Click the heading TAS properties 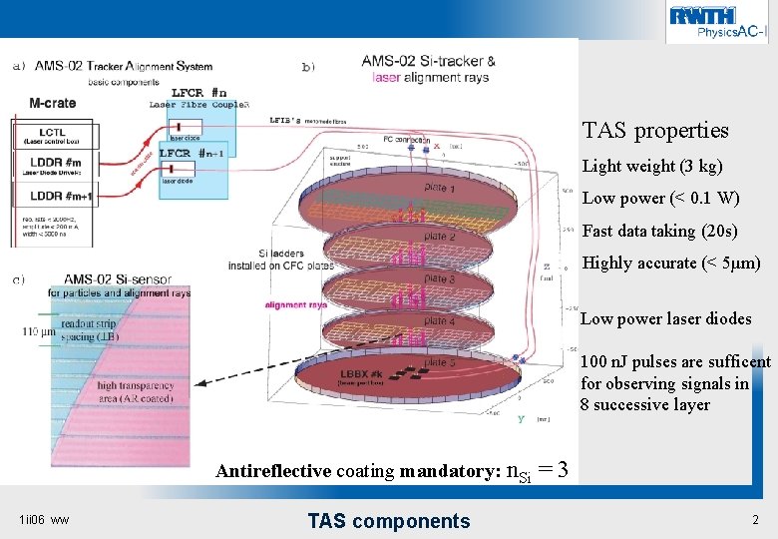(655, 131)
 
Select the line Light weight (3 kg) (652, 166)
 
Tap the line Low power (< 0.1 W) (660, 199)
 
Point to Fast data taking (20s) (659, 231)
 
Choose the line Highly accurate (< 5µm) (670, 264)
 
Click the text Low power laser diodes (665, 319)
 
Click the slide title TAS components (388, 520)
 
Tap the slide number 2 (755, 520)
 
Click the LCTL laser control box (54, 137)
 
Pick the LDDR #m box (54, 167)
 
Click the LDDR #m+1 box (54, 198)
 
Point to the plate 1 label (439, 189)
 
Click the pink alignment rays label (296, 305)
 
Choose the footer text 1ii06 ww (45, 520)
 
